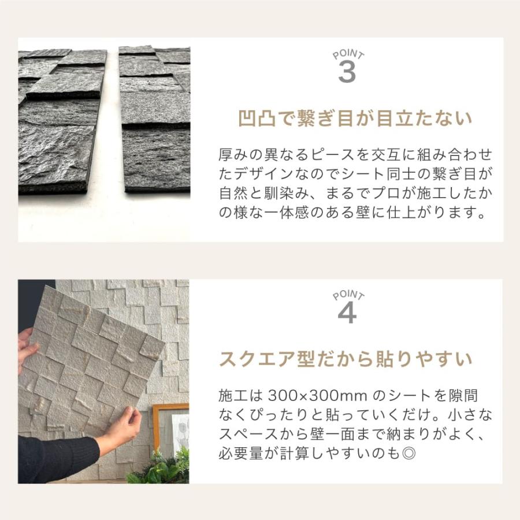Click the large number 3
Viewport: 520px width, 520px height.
[347, 72]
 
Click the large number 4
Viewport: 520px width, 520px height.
[347, 313]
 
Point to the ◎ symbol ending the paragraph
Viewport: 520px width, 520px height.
[408, 452]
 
